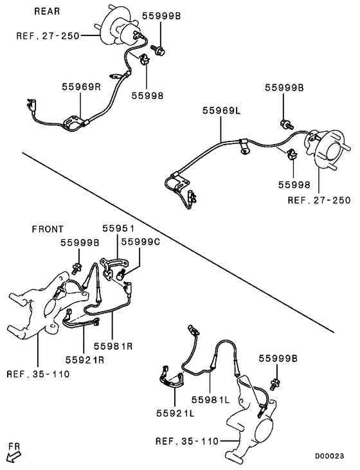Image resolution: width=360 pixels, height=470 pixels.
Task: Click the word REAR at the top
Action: click(46, 10)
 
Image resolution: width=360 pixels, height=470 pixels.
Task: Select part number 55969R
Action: click(82, 86)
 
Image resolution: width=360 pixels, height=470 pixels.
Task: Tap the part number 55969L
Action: click(221, 111)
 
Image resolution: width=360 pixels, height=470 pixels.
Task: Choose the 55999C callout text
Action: click(141, 242)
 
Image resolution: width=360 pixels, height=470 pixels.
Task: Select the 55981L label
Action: click(210, 399)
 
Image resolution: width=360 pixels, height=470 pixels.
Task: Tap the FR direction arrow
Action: click(12, 456)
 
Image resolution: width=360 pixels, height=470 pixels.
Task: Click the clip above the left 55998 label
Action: click(143, 62)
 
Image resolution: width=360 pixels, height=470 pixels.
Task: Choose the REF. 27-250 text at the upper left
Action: click(48, 36)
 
